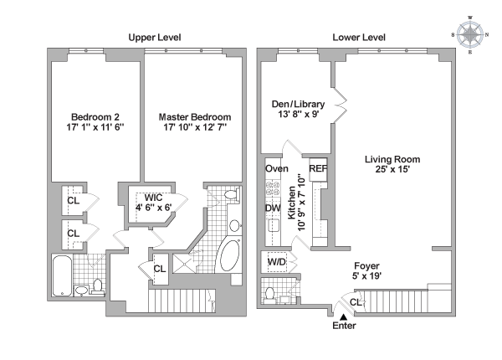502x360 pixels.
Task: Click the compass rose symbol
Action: point(469,34)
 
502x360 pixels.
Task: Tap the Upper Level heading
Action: point(155,38)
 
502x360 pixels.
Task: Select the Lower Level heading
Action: point(359,38)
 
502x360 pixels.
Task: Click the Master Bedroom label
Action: point(195,117)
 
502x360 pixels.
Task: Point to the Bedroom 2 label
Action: point(95,117)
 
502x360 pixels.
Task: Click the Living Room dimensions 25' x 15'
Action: point(392,169)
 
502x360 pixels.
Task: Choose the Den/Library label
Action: point(298,104)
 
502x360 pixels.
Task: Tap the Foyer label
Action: point(366,266)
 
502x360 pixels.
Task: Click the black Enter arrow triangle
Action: point(344,316)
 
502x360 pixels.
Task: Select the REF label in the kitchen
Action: point(318,168)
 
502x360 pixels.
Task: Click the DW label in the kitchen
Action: point(273,208)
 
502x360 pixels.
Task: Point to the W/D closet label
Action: point(277,262)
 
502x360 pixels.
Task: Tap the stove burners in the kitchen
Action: point(273,188)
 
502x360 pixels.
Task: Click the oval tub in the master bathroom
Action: point(230,256)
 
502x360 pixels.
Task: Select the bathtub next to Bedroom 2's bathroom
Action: point(62,275)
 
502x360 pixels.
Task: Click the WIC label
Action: point(153,198)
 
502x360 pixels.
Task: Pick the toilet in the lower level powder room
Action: point(270,296)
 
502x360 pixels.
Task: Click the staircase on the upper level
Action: point(182,301)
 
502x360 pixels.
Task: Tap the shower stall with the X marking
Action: point(184,263)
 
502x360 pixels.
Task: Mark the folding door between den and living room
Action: point(340,105)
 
